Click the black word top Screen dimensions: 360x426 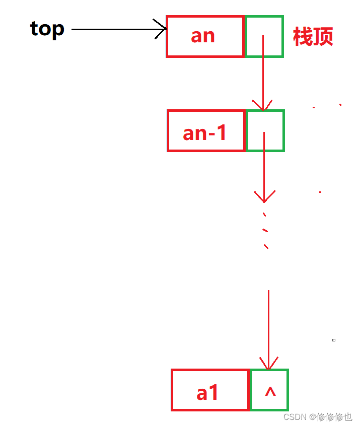(x=47, y=29)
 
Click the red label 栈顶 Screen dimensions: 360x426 (x=313, y=37)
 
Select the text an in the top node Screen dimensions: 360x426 (x=203, y=36)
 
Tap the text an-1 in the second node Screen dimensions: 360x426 (x=205, y=132)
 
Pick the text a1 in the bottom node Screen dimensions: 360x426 (x=208, y=392)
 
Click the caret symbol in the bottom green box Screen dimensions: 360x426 (x=270, y=391)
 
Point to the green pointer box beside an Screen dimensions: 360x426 (x=264, y=36)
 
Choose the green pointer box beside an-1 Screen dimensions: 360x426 (x=265, y=130)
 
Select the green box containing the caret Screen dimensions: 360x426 (x=269, y=390)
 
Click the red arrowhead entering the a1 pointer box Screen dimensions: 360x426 (x=268, y=364)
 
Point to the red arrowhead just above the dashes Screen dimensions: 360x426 (x=264, y=196)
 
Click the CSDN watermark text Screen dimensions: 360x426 (x=317, y=417)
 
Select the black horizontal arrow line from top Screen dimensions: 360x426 (x=116, y=29)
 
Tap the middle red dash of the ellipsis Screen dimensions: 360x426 (x=265, y=231)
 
